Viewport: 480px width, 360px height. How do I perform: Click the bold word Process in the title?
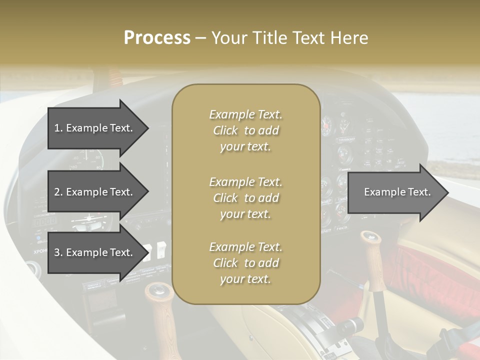(x=157, y=38)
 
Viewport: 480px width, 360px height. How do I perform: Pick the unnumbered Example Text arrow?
(x=397, y=192)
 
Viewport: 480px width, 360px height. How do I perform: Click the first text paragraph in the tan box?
(x=245, y=130)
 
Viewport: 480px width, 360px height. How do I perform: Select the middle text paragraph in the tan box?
(x=245, y=198)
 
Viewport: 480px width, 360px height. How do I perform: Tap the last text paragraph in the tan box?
(x=245, y=263)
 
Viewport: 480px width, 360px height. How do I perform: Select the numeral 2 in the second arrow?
(x=57, y=192)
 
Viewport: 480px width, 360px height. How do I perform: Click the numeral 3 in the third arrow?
(x=57, y=252)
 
